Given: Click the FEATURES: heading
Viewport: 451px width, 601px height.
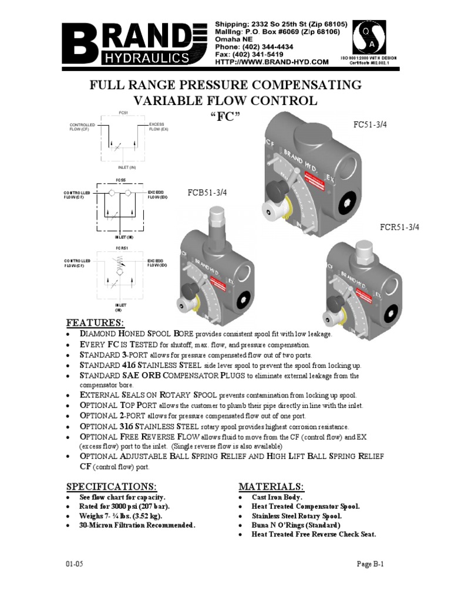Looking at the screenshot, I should pos(95,323).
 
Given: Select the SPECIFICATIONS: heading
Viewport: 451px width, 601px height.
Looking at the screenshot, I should pos(112,487).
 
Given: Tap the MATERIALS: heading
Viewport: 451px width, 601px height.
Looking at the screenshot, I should pos(271,487).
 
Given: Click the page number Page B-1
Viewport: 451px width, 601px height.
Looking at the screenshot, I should pos(371,564).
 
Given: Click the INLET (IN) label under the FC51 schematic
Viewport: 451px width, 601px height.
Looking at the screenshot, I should pos(119,167).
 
